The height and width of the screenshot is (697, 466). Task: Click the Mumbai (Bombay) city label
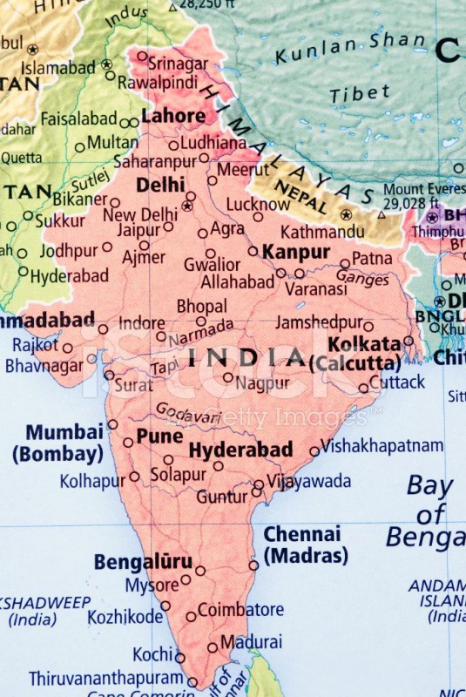[x=64, y=443]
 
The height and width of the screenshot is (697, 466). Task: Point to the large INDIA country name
[x=247, y=357]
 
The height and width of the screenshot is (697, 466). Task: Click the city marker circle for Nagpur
[x=228, y=377]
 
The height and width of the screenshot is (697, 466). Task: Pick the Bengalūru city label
[x=143, y=562]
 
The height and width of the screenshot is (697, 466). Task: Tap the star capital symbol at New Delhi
[x=186, y=206]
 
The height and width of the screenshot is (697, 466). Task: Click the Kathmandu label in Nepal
[x=322, y=232]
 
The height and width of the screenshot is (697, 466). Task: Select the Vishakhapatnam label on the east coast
[x=382, y=446]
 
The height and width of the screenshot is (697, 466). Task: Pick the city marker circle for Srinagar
[x=142, y=56]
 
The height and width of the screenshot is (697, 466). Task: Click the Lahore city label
[x=173, y=116]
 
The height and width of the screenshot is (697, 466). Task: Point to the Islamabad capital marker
[x=106, y=64]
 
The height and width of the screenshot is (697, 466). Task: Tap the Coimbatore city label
[x=240, y=610]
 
